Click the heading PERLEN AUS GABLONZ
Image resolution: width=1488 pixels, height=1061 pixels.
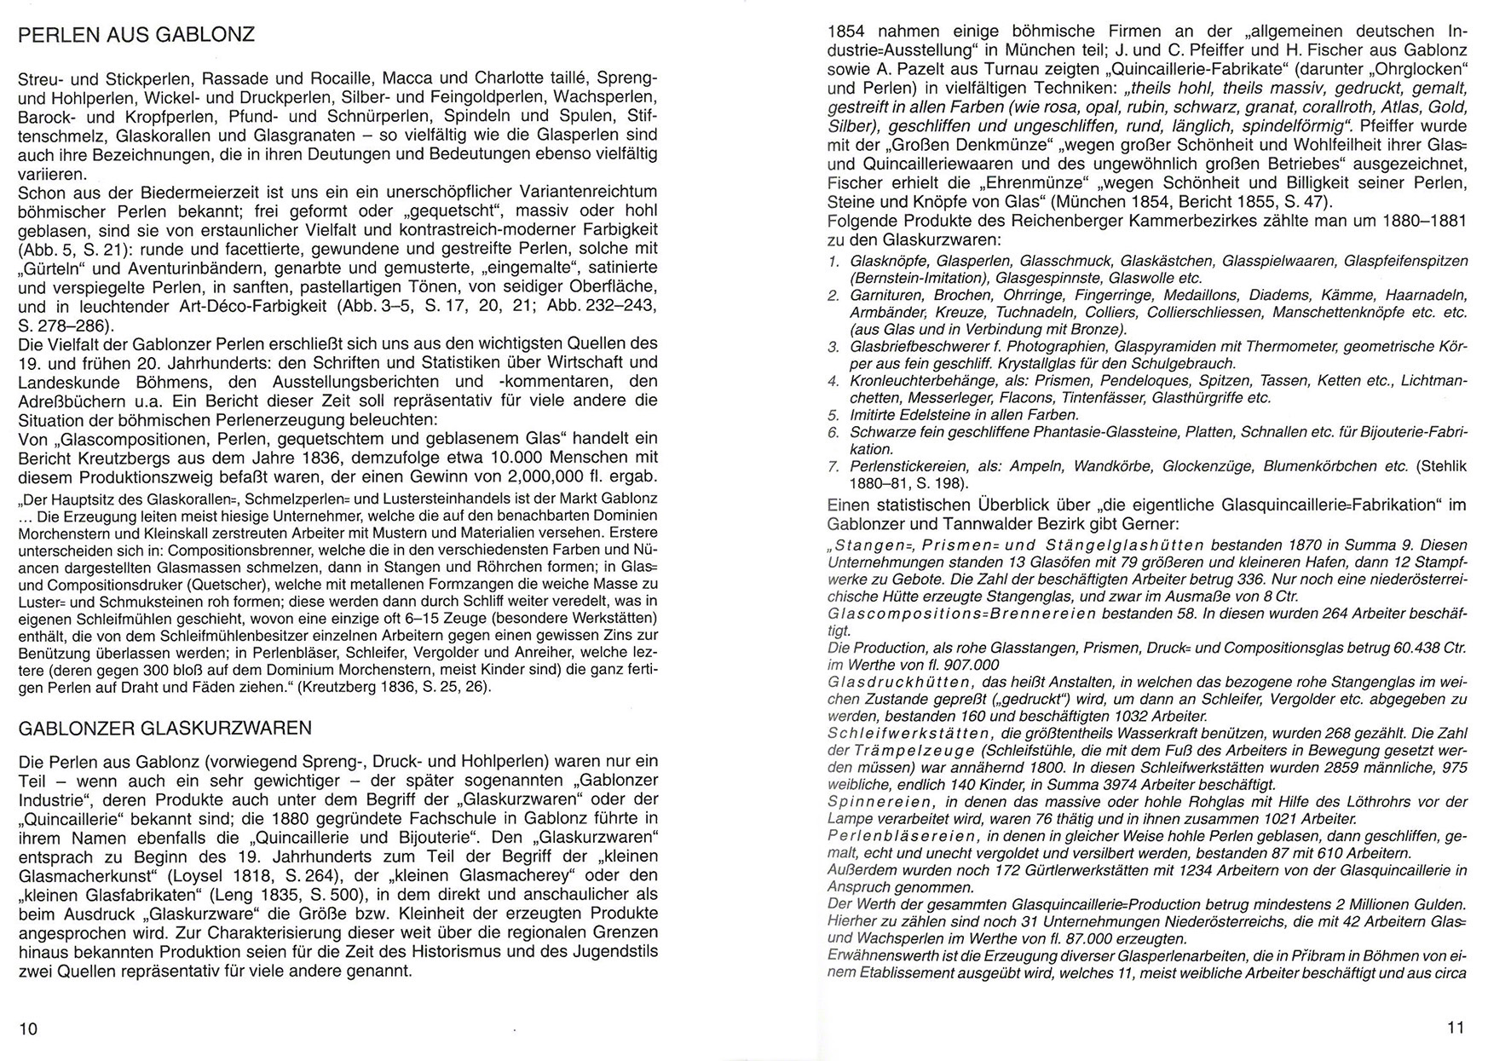pyautogui.click(x=136, y=36)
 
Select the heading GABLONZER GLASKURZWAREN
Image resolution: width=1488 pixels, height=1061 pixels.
pyautogui.click(x=164, y=728)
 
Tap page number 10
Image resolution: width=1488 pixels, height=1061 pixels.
pyautogui.click(x=28, y=1029)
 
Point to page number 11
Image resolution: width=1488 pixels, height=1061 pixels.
pyautogui.click(x=1456, y=1028)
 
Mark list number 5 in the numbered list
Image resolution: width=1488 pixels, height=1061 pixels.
pyautogui.click(x=834, y=415)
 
